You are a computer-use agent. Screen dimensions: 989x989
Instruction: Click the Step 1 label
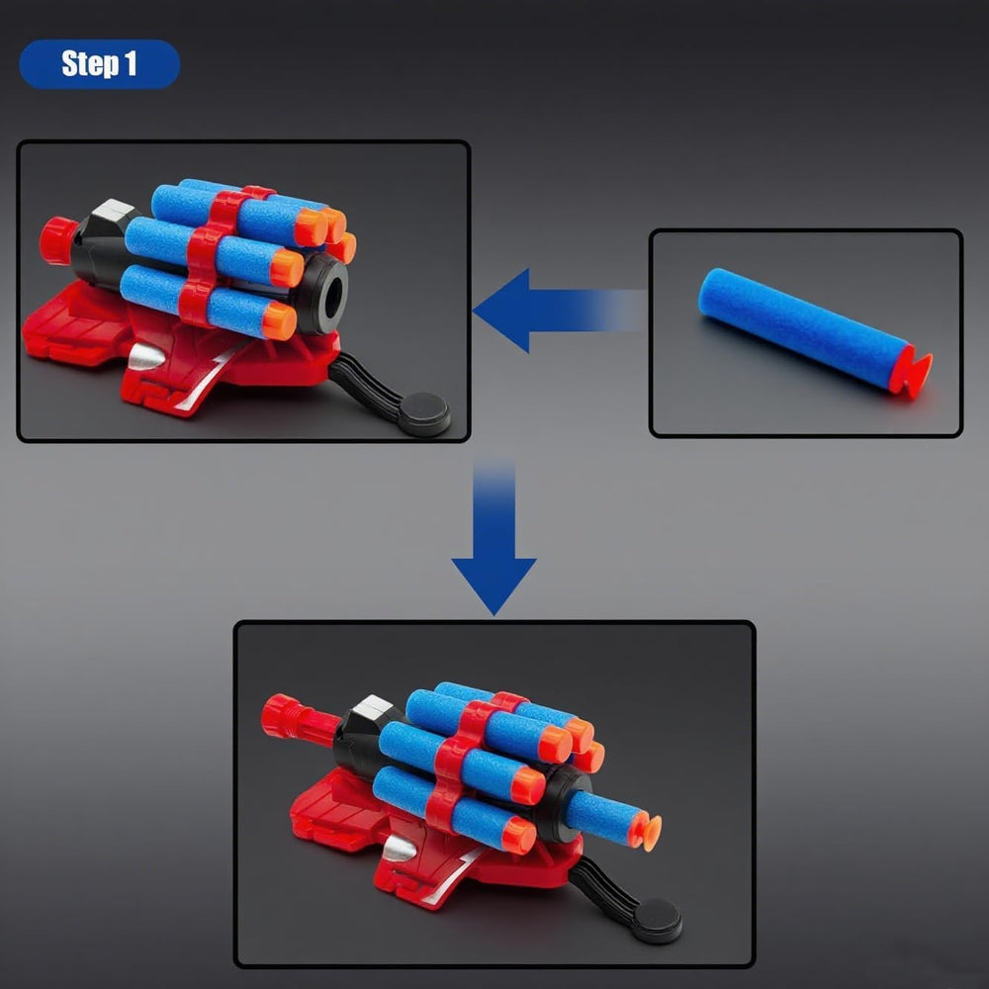click(99, 63)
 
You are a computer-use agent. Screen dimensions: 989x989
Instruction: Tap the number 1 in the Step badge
click(130, 63)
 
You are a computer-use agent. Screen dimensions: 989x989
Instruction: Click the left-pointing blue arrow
click(559, 310)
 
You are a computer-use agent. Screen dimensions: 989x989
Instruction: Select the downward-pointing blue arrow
click(494, 536)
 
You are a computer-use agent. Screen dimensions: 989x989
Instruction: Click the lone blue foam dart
click(814, 331)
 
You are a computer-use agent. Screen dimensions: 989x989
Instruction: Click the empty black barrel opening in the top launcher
click(332, 294)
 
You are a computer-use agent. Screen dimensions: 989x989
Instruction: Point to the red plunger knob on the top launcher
click(57, 239)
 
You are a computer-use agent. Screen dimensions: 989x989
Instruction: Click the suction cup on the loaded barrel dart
click(648, 831)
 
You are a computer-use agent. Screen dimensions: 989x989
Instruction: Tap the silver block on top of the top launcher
click(114, 211)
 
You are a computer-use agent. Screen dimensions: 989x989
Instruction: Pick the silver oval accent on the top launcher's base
click(145, 358)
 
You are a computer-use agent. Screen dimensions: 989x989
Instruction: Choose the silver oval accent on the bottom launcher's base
click(400, 849)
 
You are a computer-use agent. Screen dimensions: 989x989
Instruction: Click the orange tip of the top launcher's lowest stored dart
click(280, 320)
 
